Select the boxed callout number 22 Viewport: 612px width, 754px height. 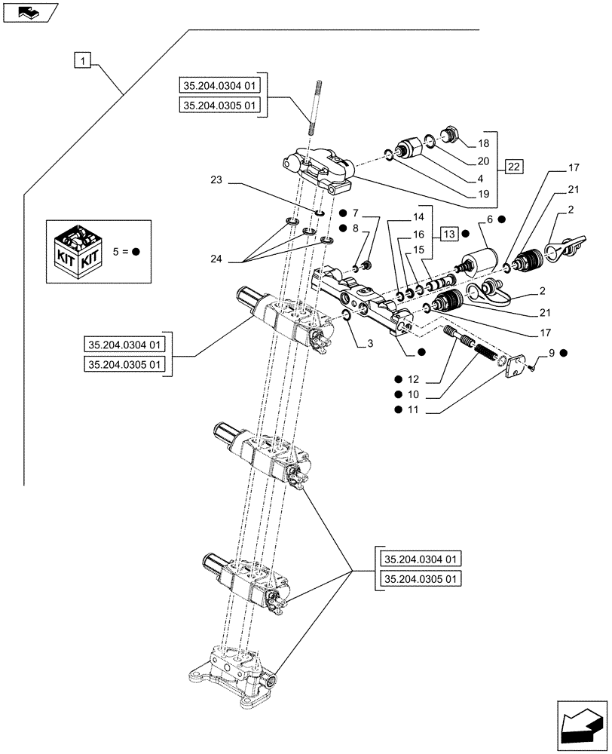click(513, 167)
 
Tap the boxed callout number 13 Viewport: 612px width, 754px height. click(449, 232)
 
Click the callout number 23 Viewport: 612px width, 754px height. click(217, 181)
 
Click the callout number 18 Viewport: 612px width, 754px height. click(482, 143)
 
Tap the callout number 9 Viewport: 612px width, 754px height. click(553, 352)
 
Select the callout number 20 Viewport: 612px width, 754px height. click(482, 161)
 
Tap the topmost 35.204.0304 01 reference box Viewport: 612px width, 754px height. click(220, 84)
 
